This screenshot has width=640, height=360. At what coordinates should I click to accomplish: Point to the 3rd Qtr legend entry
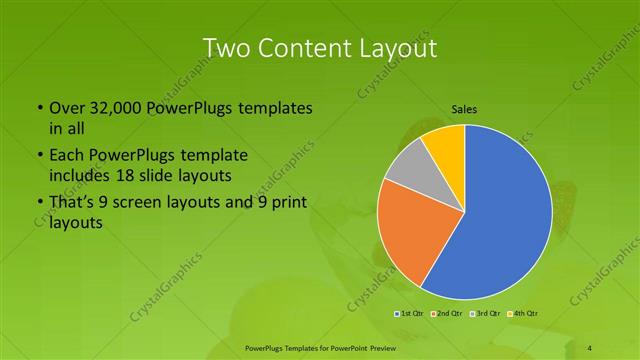487,314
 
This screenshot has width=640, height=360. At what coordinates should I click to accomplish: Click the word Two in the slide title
226,48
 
